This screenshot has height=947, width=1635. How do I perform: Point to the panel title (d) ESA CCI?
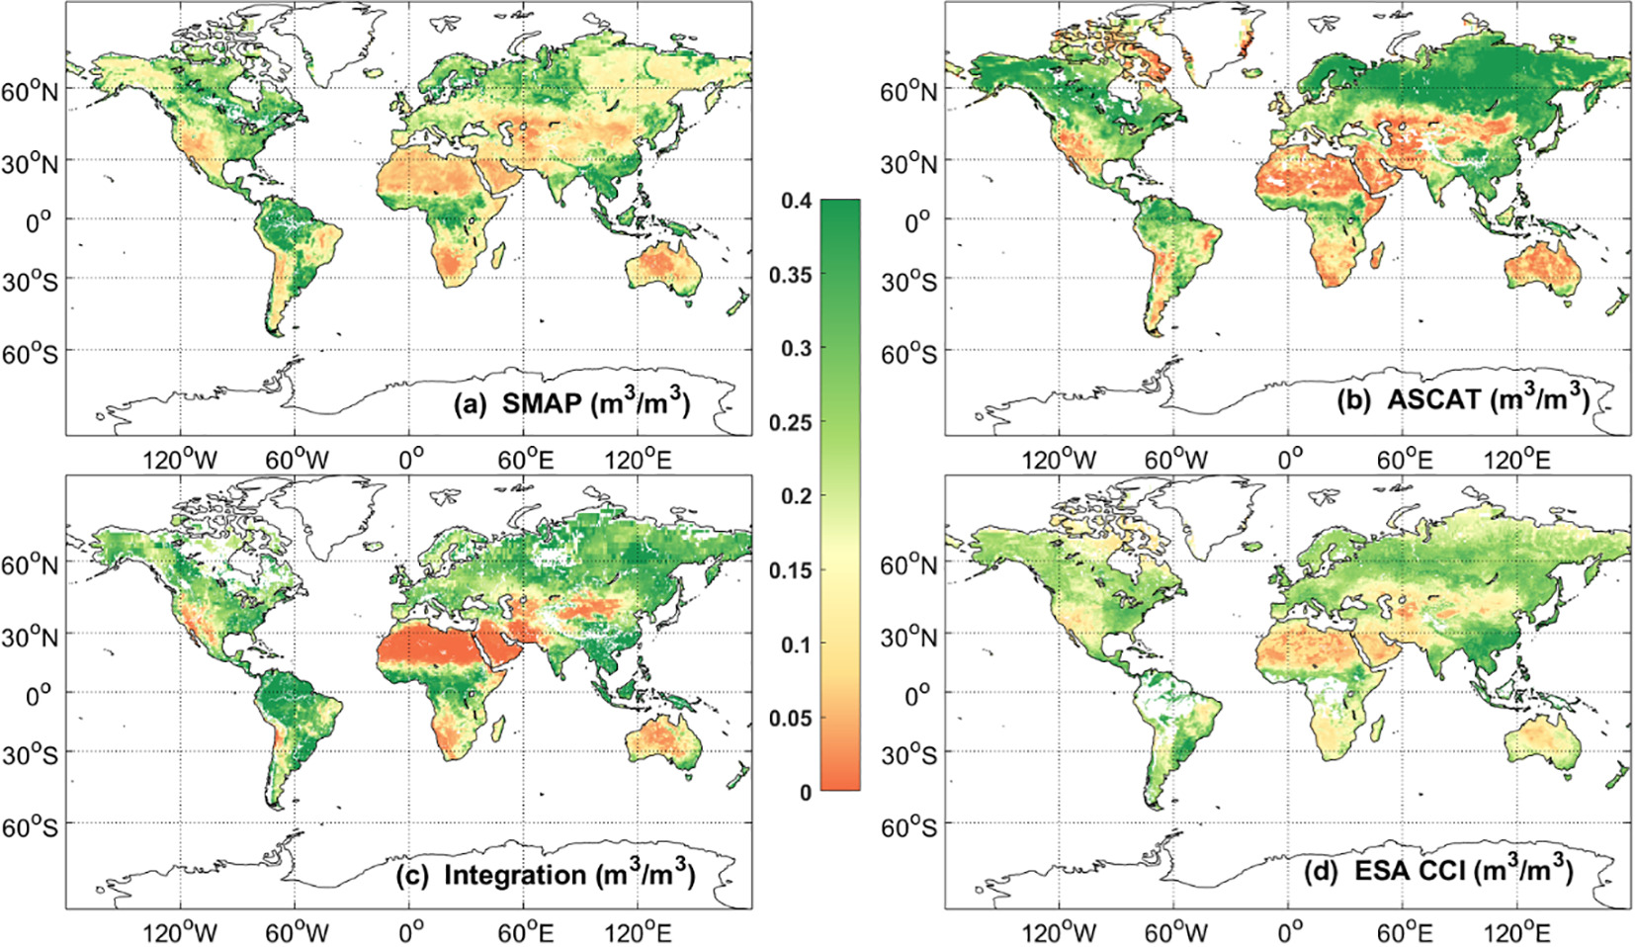1447,871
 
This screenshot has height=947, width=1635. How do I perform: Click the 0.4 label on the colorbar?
796,201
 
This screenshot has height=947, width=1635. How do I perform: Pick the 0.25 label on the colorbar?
790,422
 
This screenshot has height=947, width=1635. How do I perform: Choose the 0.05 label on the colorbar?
790,718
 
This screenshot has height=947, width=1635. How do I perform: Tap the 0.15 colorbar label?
790,569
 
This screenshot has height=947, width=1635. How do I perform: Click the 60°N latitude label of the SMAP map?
31,92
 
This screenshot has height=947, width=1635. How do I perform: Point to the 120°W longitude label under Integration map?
179,932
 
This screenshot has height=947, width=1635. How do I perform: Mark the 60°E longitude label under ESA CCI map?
1404,932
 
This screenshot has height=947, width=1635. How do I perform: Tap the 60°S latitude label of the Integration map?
31,825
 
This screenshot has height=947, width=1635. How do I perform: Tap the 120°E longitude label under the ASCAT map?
1519,459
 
